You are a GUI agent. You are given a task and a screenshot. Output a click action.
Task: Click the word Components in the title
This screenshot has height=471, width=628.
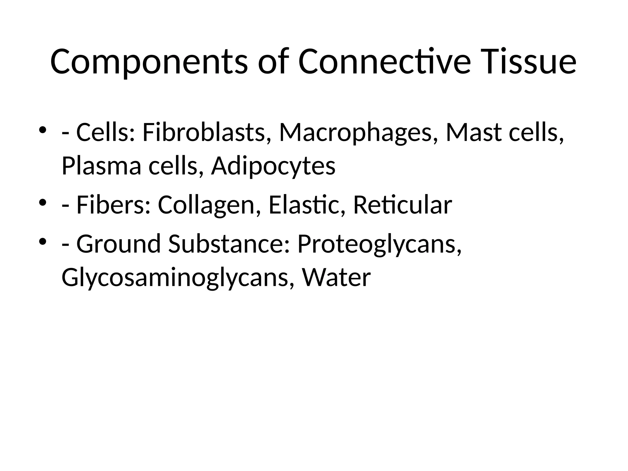point(149,62)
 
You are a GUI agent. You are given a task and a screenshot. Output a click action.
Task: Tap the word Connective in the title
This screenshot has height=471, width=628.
point(384,62)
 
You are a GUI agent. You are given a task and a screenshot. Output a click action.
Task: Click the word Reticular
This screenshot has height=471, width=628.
point(403,205)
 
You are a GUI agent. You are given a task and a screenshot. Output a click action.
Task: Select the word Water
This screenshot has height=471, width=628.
point(336,277)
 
